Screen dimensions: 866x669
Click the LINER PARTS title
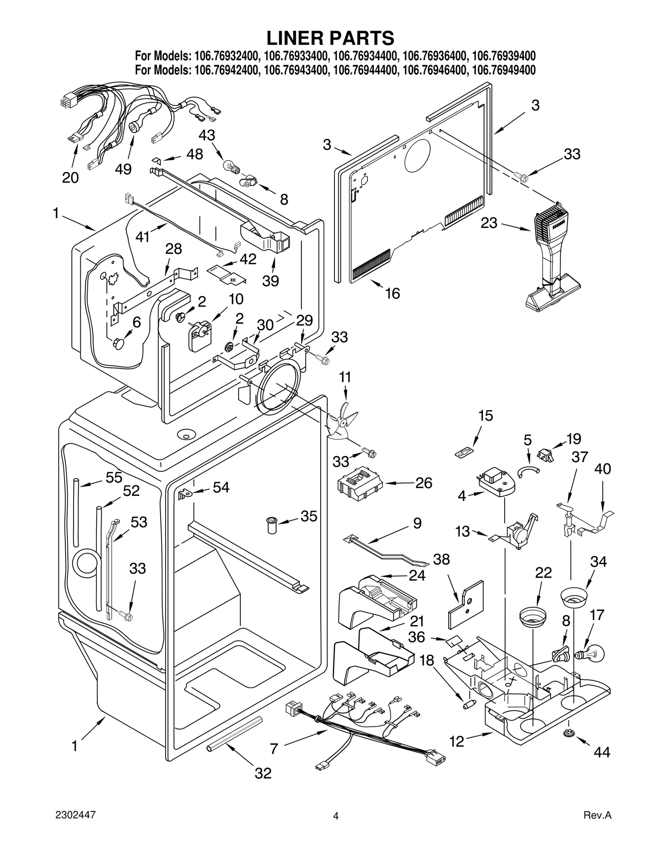330,38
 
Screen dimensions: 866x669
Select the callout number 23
489,223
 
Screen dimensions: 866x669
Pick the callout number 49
123,169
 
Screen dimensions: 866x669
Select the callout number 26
424,483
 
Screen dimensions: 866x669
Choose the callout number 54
221,487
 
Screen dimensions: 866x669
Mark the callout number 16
393,293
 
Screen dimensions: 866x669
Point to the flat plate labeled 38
465,605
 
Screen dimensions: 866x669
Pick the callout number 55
114,478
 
